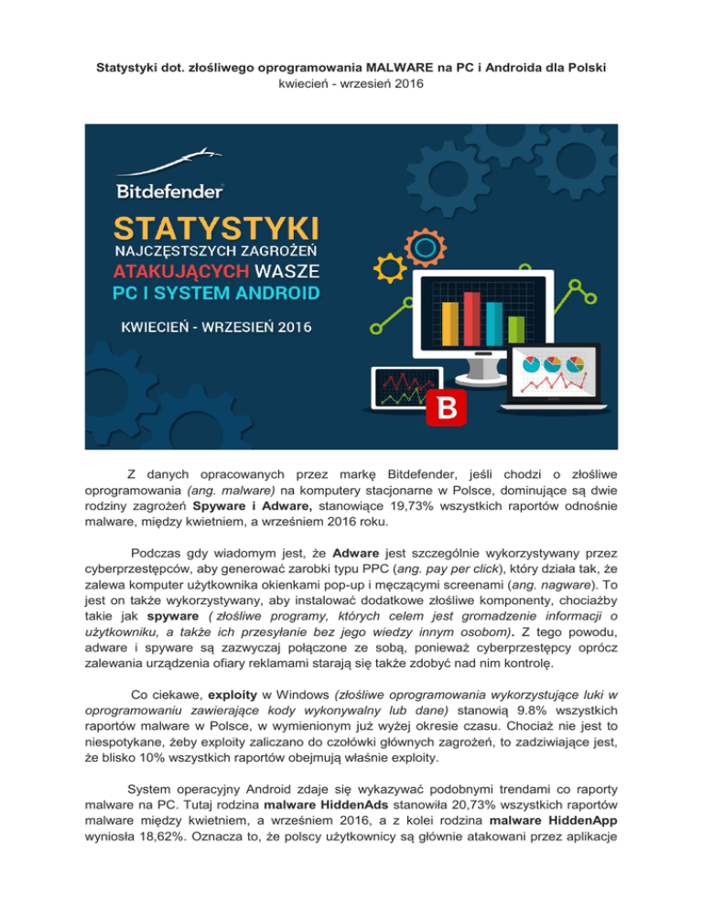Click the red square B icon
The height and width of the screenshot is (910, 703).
(446, 409)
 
